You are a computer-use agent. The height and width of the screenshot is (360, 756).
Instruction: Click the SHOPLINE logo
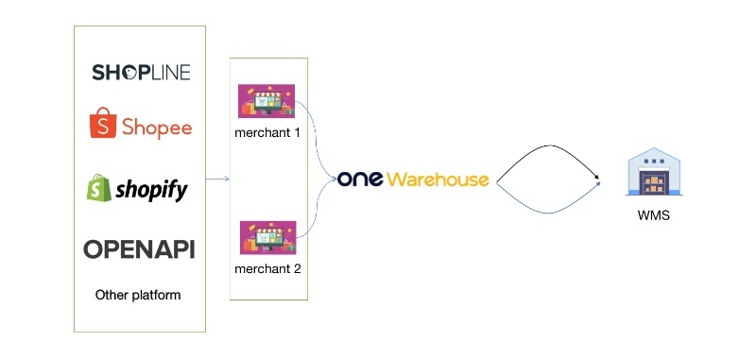tap(141, 73)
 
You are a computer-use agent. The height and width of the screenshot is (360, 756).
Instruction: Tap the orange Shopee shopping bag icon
tap(101, 124)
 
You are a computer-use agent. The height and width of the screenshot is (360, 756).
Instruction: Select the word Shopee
tap(155, 127)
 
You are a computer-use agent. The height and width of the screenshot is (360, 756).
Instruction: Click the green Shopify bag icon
tap(98, 189)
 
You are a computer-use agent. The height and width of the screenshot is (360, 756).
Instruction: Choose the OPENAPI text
tap(139, 249)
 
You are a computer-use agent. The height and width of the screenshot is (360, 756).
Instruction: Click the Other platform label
tap(138, 295)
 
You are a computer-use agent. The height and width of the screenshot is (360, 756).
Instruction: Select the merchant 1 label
tap(267, 131)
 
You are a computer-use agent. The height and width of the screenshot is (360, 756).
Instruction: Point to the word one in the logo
tap(361, 180)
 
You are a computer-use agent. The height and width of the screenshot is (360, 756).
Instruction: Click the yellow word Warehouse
tap(438, 180)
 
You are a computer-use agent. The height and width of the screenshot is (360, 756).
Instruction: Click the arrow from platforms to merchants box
tap(217, 179)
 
